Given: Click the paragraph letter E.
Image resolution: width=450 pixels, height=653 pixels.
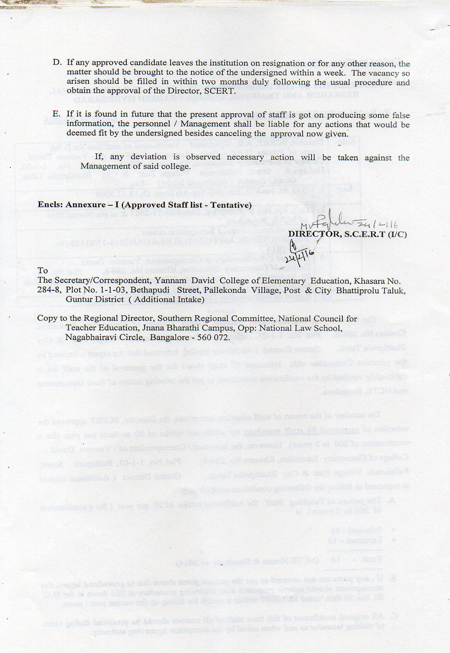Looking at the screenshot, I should [x=57, y=115].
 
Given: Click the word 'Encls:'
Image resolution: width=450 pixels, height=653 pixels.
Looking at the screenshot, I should [x=49, y=205].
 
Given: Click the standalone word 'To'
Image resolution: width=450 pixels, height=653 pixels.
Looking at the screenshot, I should [x=42, y=271].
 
